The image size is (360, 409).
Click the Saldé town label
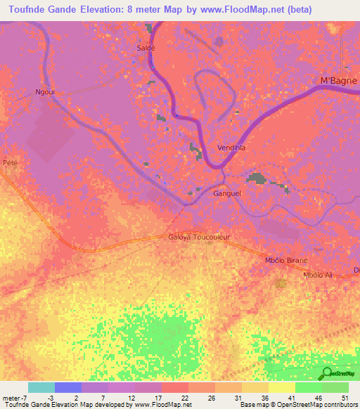[145, 48]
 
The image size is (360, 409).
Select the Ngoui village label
[46, 92]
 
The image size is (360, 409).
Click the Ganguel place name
[227, 193]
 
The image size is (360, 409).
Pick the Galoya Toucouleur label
[199, 238]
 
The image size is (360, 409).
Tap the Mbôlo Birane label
[285, 261]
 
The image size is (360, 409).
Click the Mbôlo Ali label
[316, 275]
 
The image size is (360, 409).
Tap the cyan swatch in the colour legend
[41, 387]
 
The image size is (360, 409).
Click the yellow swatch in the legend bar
[282, 387]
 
